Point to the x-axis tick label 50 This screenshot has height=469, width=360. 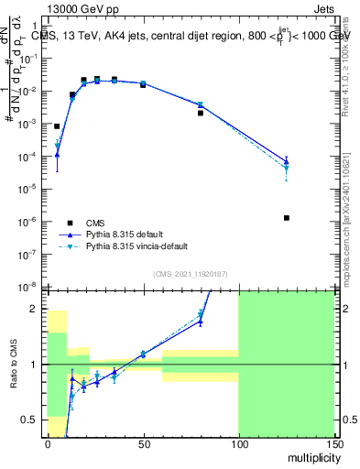point(143,443)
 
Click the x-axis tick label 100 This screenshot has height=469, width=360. point(238,443)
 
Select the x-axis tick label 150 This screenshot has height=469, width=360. point(333,443)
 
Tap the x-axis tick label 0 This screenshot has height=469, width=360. point(48,443)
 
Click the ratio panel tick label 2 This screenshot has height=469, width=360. point(35,309)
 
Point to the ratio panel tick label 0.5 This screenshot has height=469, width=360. point(30,420)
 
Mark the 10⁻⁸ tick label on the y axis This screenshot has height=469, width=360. point(30,287)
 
